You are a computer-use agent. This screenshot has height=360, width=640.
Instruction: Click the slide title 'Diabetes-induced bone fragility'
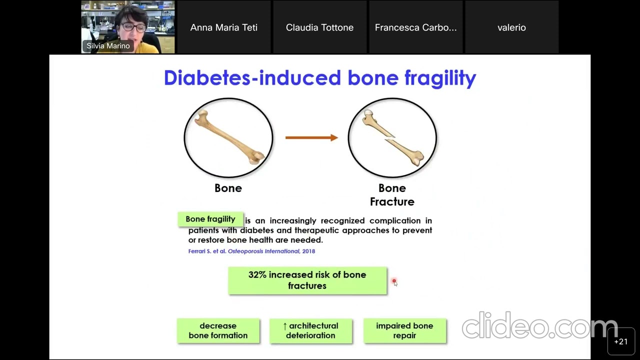[x=320, y=78]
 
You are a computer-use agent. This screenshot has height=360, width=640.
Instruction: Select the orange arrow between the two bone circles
[x=311, y=137]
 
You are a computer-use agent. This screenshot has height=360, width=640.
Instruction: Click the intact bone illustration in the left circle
[x=229, y=137]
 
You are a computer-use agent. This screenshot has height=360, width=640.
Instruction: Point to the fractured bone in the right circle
[x=392, y=137]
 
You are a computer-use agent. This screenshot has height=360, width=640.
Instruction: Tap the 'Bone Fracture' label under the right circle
[x=392, y=195]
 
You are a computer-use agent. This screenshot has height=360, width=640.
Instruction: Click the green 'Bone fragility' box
[x=210, y=219]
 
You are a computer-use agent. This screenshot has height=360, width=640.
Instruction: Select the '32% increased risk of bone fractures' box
[x=307, y=280]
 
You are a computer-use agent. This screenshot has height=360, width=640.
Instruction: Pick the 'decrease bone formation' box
[x=218, y=330]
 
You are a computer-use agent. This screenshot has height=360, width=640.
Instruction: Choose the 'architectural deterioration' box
[x=310, y=330]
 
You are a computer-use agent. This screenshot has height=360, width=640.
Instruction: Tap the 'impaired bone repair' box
[x=404, y=330]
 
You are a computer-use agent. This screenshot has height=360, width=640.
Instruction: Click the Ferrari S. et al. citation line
[x=251, y=251]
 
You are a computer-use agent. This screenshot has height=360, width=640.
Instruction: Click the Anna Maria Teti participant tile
[x=224, y=27]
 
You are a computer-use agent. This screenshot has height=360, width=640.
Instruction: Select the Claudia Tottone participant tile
[x=320, y=27]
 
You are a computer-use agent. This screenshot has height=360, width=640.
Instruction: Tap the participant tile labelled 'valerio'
[x=511, y=27]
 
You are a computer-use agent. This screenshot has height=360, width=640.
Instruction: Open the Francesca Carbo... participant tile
[x=415, y=27]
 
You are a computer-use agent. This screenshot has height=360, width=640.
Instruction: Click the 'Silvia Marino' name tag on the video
[x=108, y=46]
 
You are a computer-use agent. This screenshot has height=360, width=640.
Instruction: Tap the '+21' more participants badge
[x=620, y=341]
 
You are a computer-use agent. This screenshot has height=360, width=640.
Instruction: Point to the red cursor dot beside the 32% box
[x=394, y=282]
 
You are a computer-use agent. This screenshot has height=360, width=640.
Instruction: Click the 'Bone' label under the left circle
[x=228, y=188]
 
